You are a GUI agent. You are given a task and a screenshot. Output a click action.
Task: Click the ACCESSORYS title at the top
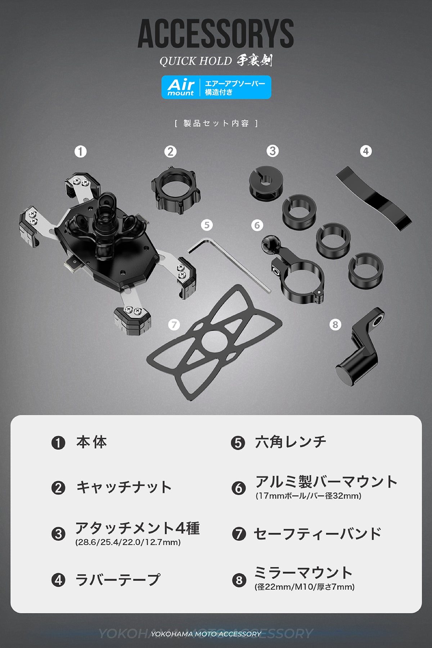pos(216,34)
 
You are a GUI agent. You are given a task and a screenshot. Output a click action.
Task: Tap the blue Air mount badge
pos(216,87)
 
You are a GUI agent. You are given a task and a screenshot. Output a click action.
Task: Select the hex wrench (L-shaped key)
pos(230,265)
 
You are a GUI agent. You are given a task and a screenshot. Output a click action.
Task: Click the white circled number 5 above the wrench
pos(207,225)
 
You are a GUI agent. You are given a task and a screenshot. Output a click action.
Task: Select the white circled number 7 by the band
pos(174,325)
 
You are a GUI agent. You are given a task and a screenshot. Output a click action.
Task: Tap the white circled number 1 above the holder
pos(81,152)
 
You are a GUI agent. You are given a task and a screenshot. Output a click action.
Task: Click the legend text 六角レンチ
pos(290,442)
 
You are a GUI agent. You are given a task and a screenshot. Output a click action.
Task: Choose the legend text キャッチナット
pos(123,487)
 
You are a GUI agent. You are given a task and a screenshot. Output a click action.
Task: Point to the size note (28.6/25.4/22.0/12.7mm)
pos(128,542)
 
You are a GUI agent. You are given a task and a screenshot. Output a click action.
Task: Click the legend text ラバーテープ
pos(117,580)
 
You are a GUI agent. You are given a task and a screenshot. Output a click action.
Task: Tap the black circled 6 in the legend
pos(238,488)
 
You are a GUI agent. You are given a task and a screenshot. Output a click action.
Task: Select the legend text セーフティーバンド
pos(317,534)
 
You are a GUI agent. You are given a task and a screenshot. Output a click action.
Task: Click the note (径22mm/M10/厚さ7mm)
pos(305,587)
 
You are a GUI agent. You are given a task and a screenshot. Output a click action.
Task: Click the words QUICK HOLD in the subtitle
pos(195,61)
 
